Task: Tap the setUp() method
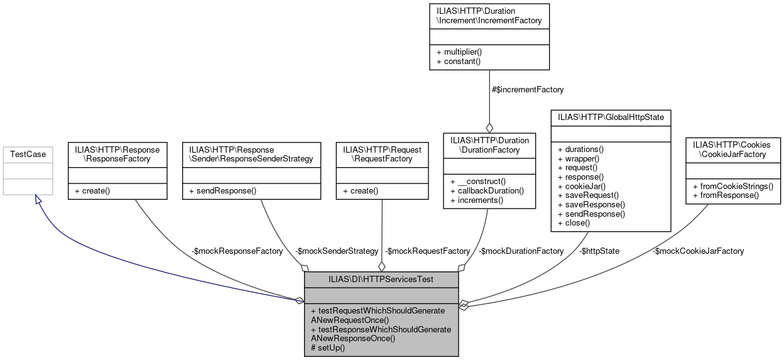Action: click(328, 347)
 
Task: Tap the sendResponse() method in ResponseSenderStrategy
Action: click(222, 190)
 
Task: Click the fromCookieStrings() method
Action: click(732, 186)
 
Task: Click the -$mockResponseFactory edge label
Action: click(237, 251)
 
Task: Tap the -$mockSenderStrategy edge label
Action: click(337, 251)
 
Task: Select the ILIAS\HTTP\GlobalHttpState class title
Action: click(611, 116)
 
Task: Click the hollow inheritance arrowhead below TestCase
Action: click(38, 199)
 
